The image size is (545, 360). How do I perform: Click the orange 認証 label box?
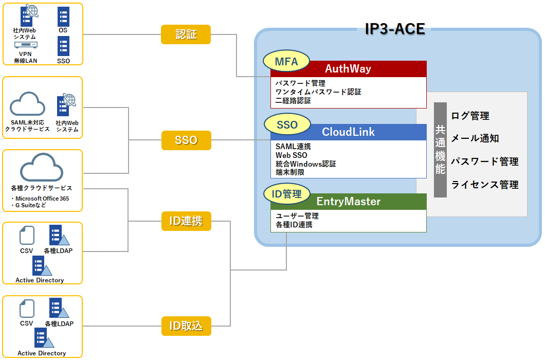pyautogui.click(x=186, y=34)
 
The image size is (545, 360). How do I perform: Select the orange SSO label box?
pyautogui.click(x=186, y=140)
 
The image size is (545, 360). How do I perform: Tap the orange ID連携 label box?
pyautogui.click(x=186, y=221)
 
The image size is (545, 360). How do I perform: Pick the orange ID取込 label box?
pyautogui.click(x=186, y=326)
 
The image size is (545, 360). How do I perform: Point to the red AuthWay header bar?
pyautogui.click(x=348, y=69)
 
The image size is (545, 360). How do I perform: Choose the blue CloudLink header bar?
pyautogui.click(x=348, y=132)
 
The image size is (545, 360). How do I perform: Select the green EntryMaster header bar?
pyautogui.click(x=348, y=202)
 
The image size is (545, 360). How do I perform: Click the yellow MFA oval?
pyautogui.click(x=286, y=62)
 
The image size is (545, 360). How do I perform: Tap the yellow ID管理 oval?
pyautogui.click(x=286, y=194)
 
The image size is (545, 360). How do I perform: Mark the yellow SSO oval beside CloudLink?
pyautogui.click(x=287, y=125)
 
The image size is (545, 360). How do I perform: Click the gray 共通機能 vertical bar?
pyautogui.click(x=440, y=150)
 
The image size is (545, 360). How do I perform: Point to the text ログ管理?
pyautogui.click(x=470, y=116)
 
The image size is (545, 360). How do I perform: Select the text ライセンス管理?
pyautogui.click(x=485, y=185)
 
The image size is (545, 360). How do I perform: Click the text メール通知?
pyautogui.click(x=475, y=139)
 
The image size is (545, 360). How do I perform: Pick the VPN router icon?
pyautogui.click(x=25, y=45)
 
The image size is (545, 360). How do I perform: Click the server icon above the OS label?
pyautogui.click(x=63, y=17)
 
